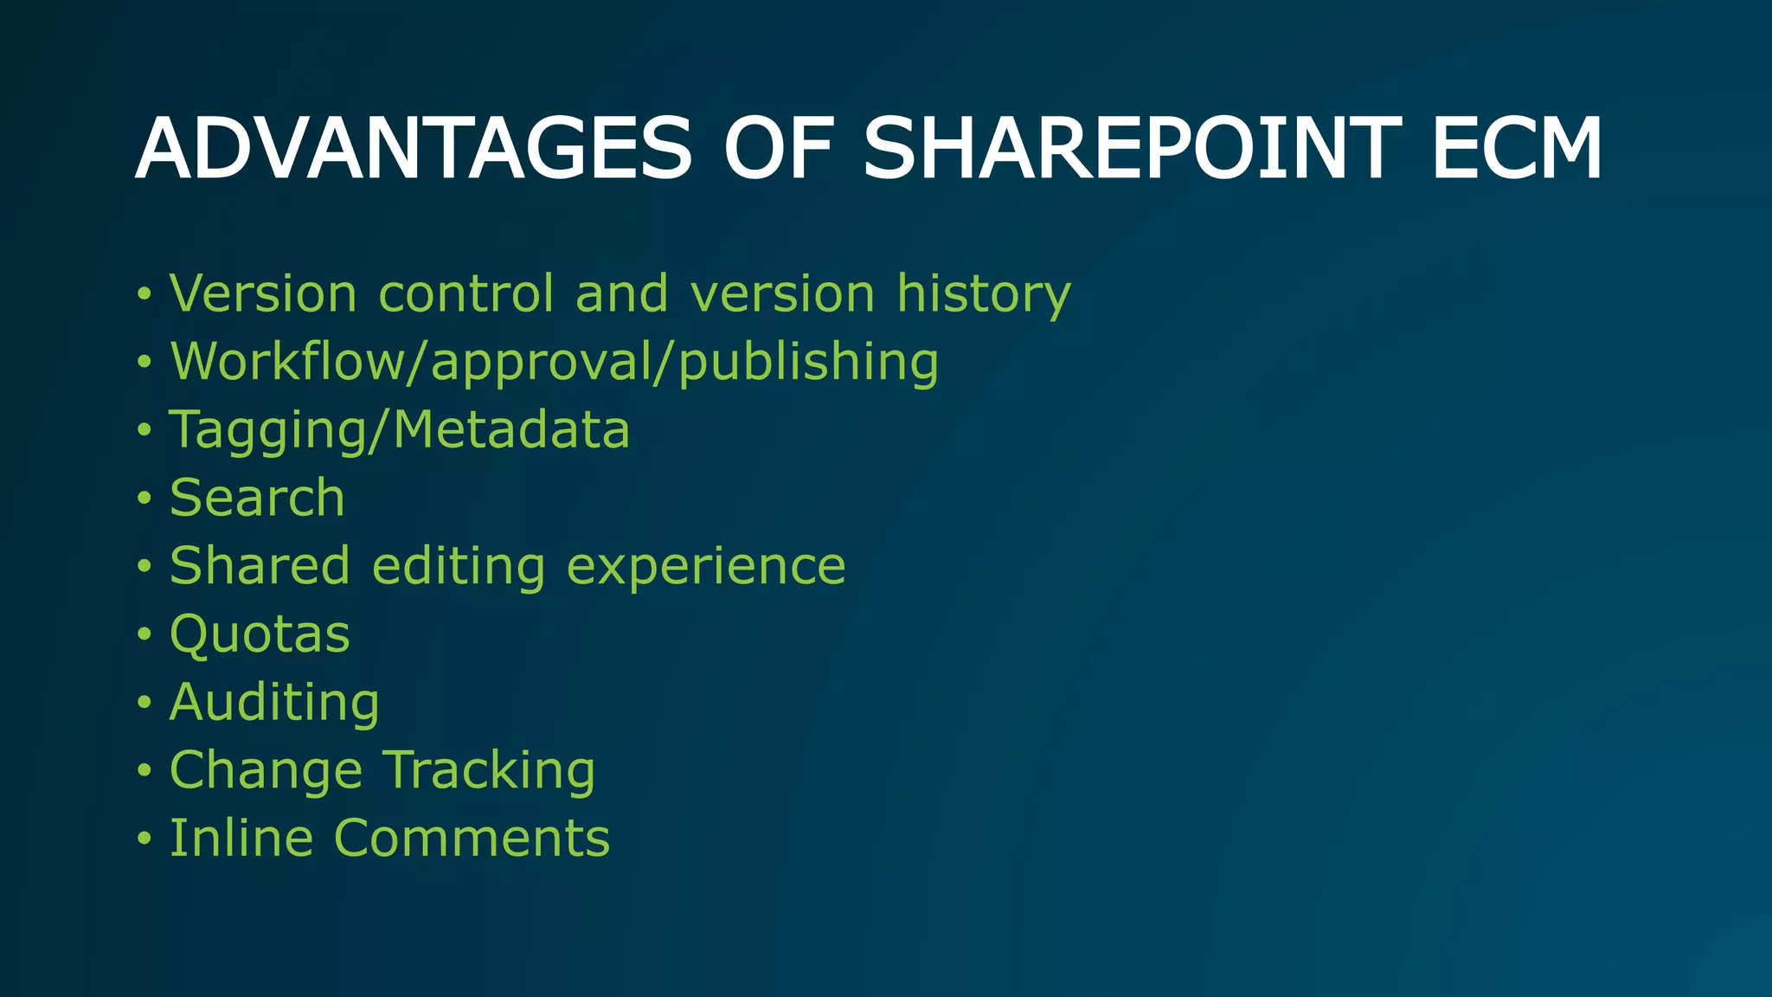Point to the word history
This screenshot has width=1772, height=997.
pyautogui.click(x=984, y=294)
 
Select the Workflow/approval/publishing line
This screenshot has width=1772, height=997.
pyautogui.click(x=554, y=362)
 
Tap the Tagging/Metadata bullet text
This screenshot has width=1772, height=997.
pyautogui.click(x=400, y=430)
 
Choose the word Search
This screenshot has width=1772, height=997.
pyautogui.click(x=257, y=498)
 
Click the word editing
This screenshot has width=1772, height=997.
pyautogui.click(x=459, y=567)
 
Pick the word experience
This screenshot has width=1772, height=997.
pyautogui.click(x=706, y=567)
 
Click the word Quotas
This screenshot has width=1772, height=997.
pyautogui.click(x=260, y=634)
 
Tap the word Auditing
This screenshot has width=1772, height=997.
pyautogui.click(x=274, y=702)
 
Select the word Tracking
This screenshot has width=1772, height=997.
pyautogui.click(x=490, y=770)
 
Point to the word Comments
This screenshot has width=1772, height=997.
pyautogui.click(x=472, y=838)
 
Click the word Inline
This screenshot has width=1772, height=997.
pyautogui.click(x=241, y=838)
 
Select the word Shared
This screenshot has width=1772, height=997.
pyautogui.click(x=260, y=566)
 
